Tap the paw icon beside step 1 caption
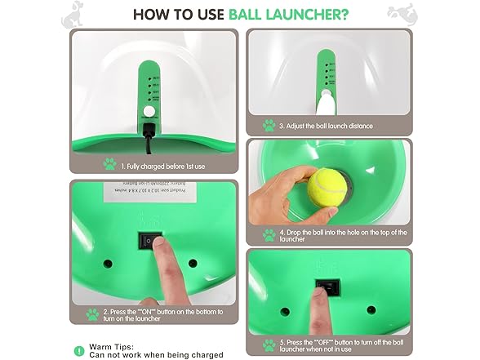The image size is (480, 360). tap(109, 164)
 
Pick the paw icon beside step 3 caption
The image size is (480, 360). tap(269, 126)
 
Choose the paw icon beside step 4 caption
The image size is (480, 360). tap(269, 234)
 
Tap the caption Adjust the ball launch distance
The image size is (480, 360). tap(325, 127)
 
